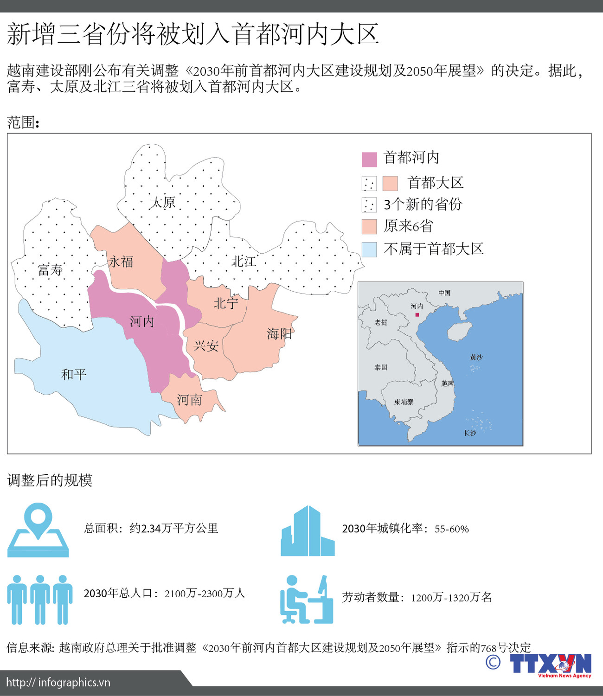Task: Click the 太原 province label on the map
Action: tap(162, 202)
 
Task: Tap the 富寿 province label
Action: tap(50, 269)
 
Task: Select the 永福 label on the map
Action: tap(121, 262)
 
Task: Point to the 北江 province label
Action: tap(244, 262)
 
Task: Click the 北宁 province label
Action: tap(226, 303)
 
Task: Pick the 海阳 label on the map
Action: tap(279, 333)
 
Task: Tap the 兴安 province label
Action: tap(206, 345)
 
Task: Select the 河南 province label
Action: tap(189, 400)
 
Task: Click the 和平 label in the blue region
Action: tap(74, 374)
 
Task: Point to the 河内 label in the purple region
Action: tap(141, 321)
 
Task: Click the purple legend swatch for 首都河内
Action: tap(369, 159)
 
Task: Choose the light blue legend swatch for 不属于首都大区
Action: tap(369, 249)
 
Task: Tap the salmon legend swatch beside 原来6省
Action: tap(369, 227)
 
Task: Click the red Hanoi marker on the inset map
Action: tap(417, 315)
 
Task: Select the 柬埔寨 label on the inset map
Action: tap(404, 402)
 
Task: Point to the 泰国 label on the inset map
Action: tap(381, 367)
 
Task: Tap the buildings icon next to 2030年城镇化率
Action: tap(308, 531)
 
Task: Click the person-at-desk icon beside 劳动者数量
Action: tap(307, 600)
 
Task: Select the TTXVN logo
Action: tap(551, 664)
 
